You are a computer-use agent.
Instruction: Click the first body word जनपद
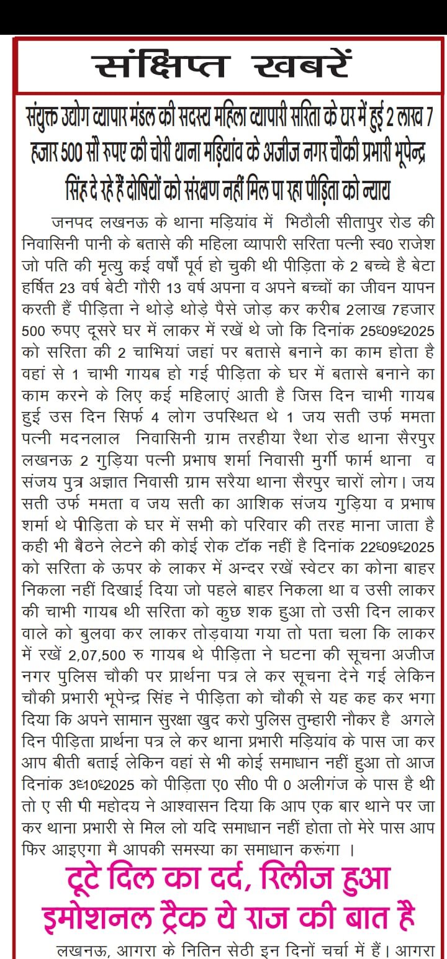74,222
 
